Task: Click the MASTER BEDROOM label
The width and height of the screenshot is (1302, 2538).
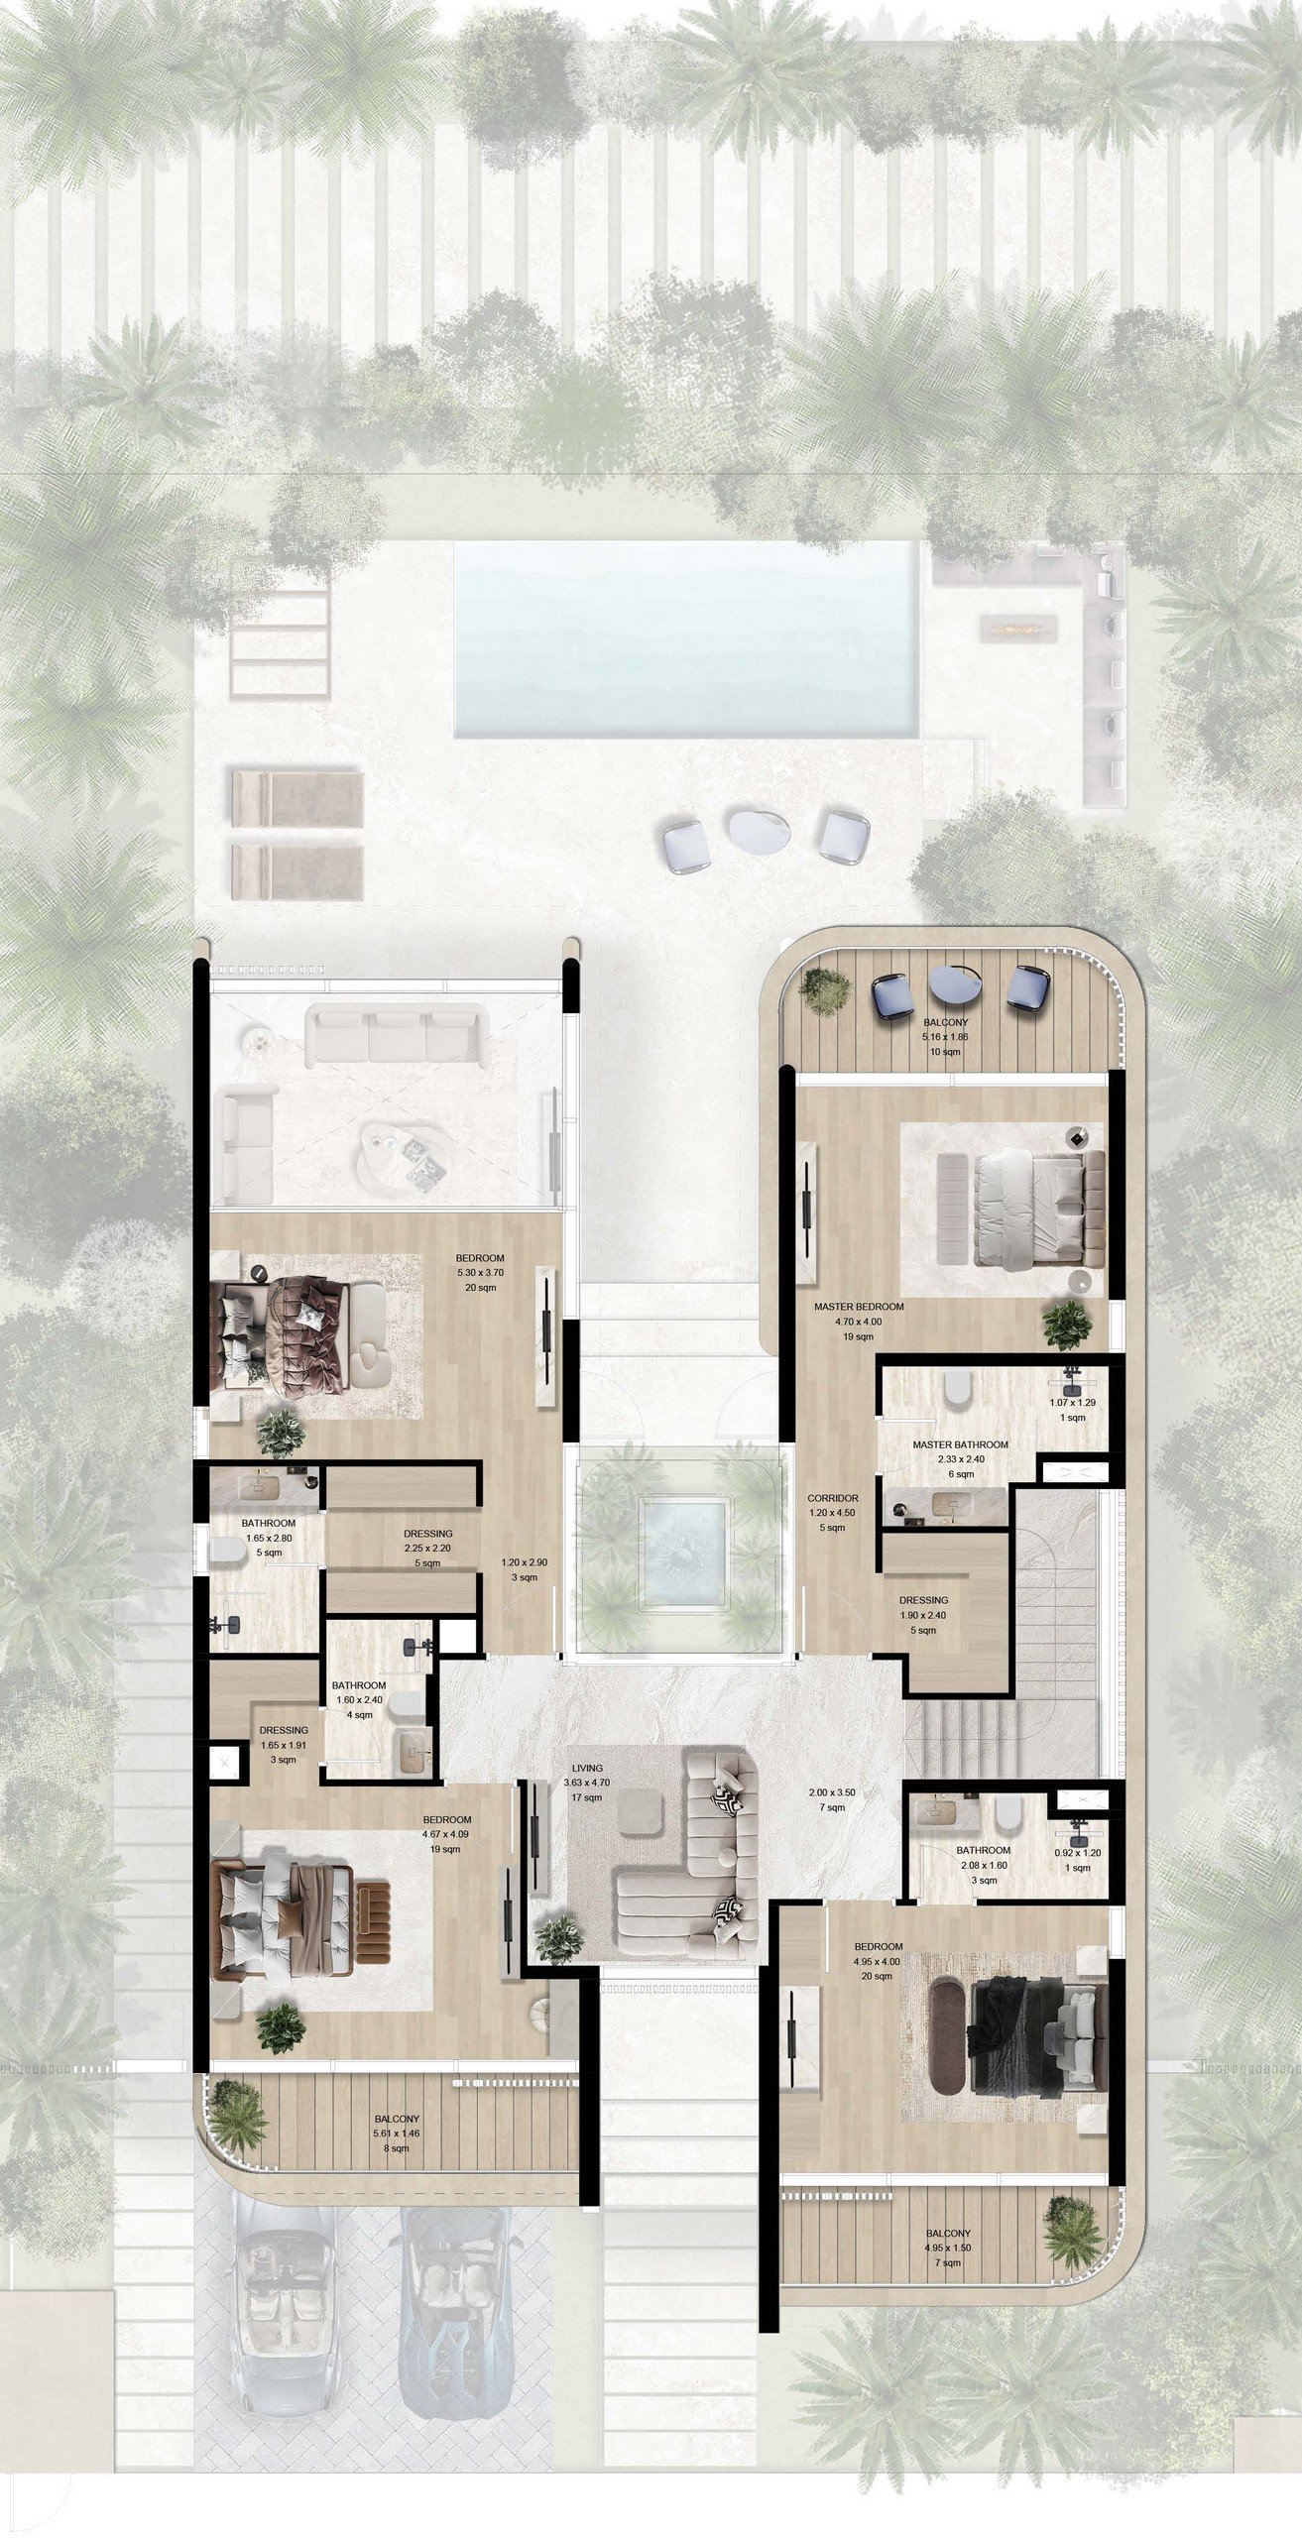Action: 859,1307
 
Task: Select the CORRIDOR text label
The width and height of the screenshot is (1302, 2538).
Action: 833,1498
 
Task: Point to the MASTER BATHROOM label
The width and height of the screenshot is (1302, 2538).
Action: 960,1444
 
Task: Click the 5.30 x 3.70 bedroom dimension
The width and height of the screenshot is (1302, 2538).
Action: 480,1273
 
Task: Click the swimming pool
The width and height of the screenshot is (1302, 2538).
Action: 685,638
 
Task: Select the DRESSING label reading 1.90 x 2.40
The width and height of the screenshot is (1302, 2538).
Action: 923,1599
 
